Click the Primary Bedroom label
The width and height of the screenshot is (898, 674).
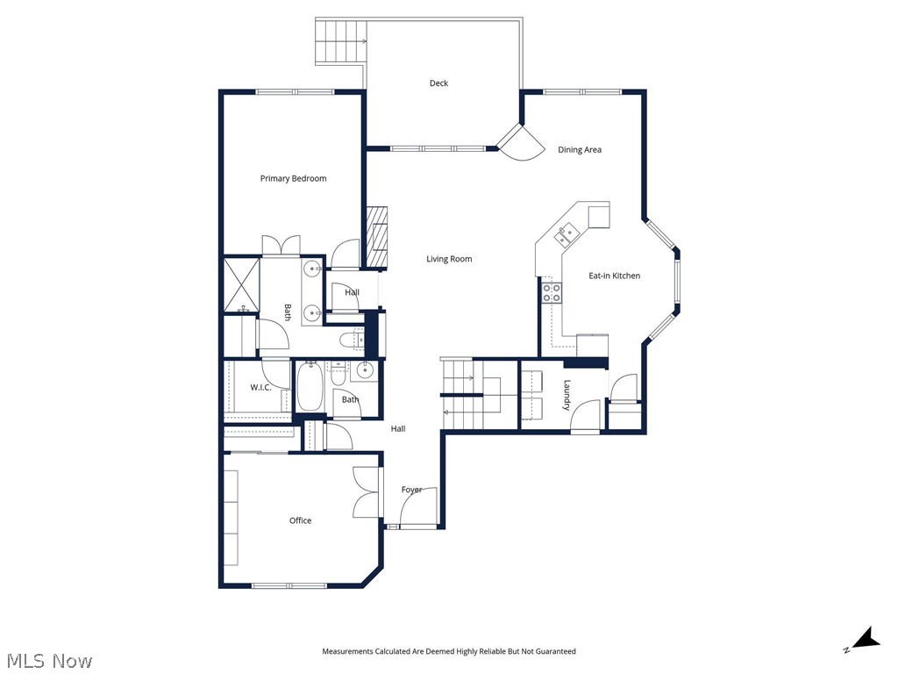293,178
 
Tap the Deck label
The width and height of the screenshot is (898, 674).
438,83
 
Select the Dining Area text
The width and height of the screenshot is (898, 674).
580,150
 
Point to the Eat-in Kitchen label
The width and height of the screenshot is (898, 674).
614,276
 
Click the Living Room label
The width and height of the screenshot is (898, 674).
449,259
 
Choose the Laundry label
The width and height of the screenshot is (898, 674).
567,395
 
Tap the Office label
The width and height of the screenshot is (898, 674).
300,520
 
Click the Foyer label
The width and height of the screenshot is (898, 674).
411,490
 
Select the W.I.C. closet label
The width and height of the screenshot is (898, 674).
260,387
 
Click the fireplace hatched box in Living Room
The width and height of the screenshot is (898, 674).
375,236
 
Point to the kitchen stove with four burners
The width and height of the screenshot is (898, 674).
551,292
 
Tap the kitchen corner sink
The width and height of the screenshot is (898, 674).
566,233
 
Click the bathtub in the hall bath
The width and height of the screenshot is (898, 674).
310,388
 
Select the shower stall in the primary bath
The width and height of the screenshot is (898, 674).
241,283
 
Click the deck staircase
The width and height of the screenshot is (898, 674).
340,40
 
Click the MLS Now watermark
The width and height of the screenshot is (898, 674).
48,660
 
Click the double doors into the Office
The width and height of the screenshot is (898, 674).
367,491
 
